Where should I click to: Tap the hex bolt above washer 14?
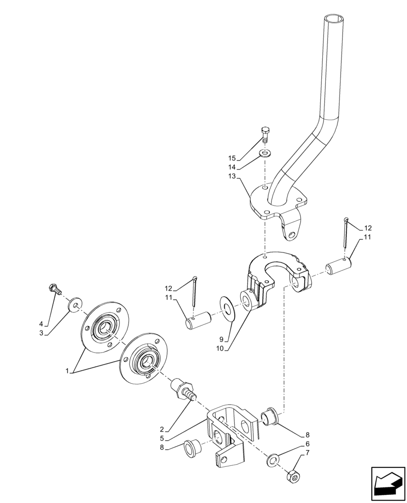[x=265, y=135]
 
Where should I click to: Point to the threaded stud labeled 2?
[x=182, y=389]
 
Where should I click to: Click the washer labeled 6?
[x=273, y=459]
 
